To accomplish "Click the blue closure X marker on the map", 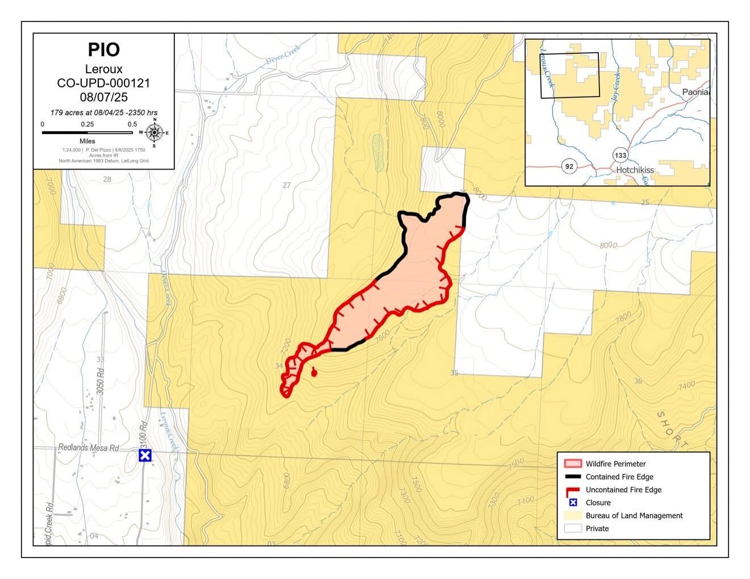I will click(145, 455).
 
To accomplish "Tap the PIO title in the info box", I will click(103, 50).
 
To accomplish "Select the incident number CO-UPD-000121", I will click(103, 83).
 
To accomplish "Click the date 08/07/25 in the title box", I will click(103, 96).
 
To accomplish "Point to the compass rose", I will click(154, 132).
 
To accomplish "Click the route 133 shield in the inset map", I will click(620, 155).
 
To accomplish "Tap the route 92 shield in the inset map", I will click(568, 166).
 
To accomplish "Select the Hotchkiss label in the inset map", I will click(635, 170).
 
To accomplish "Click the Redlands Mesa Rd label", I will click(88, 448).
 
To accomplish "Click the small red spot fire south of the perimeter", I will click(314, 372).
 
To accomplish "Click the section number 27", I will click(286, 185).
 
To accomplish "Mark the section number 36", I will click(638, 381).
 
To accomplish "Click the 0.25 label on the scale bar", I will click(88, 124).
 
